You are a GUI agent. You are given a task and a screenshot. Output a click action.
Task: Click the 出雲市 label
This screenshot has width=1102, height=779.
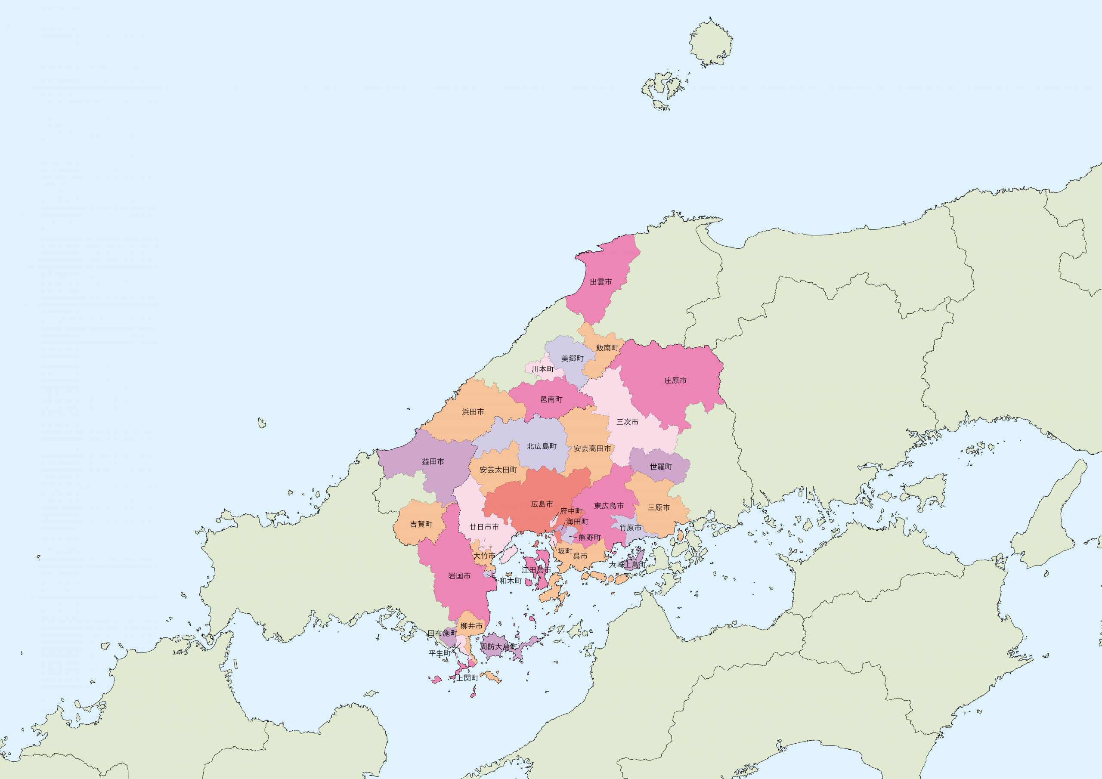(x=601, y=282)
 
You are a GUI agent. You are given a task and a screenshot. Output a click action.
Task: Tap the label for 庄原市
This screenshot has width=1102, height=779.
(x=675, y=380)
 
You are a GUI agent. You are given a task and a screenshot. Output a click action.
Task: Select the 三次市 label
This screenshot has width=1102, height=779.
(x=628, y=422)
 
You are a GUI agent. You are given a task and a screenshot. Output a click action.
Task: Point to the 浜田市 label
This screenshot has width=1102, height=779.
(x=473, y=412)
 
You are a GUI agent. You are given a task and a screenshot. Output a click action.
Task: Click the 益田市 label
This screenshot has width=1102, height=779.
(x=433, y=462)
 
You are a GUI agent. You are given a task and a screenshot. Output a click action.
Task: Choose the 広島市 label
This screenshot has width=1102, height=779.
(x=542, y=504)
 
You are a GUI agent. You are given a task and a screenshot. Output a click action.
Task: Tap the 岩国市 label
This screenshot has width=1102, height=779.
(x=459, y=576)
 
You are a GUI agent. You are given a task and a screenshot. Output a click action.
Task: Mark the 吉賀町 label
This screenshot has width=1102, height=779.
(x=421, y=524)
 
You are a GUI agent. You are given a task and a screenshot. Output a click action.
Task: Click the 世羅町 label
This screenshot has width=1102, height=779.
(x=661, y=467)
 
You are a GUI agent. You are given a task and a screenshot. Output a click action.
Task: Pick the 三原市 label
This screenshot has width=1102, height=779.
(x=659, y=507)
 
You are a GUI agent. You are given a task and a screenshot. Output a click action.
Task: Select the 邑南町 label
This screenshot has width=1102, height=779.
(x=551, y=399)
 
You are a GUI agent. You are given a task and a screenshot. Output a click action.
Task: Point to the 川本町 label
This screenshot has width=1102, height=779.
(x=542, y=369)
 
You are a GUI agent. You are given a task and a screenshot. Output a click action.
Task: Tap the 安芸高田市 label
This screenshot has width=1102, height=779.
(x=593, y=448)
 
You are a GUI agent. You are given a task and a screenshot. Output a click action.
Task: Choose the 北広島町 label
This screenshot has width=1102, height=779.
(x=542, y=446)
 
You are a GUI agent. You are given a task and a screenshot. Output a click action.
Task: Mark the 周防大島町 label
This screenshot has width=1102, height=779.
(x=500, y=646)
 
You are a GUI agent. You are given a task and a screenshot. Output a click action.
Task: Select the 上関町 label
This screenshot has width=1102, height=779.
(x=467, y=678)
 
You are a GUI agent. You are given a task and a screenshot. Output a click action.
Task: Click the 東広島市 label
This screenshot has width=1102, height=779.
(x=609, y=506)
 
